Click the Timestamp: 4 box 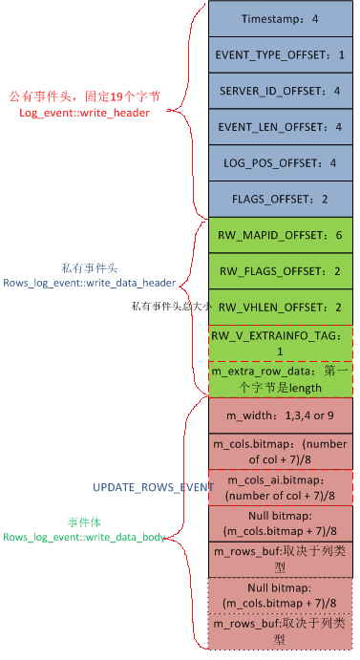click(280, 19)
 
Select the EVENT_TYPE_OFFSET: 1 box click(280, 55)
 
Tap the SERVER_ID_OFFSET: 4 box click(280, 91)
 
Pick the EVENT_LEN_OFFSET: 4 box click(280, 127)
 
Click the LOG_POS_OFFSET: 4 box click(280, 163)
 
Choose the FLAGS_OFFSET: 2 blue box click(280, 199)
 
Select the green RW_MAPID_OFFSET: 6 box click(280, 235)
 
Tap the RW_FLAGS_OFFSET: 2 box click(280, 271)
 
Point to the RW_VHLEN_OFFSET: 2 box click(280, 307)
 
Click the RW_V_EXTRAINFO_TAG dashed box click(280, 343)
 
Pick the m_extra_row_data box click(280, 379)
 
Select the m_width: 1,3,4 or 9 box click(280, 415)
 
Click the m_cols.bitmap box click(280, 451)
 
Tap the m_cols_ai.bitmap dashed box click(280, 487)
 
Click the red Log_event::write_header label click(84, 113)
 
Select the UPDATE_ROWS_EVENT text click(153, 487)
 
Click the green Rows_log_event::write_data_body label click(83, 537)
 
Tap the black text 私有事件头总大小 click(169, 307)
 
